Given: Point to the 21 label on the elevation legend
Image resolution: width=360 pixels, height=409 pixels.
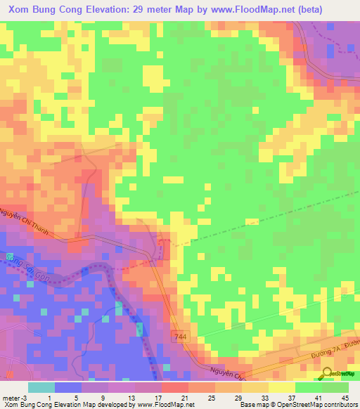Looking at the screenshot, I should pos(185,397).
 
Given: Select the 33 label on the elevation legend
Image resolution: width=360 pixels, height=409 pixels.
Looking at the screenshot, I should pos(264,397).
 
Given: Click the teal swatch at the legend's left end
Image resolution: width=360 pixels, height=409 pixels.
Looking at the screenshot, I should pos(41,387).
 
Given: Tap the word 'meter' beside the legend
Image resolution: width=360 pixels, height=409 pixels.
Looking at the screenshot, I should pos(12,397).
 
